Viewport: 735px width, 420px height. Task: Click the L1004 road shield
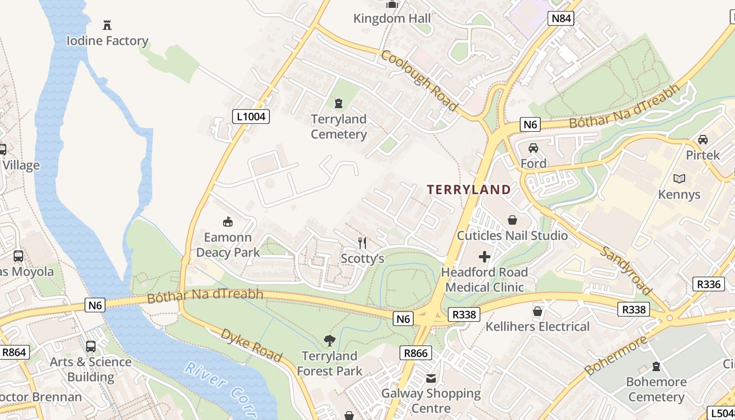coord(251,116)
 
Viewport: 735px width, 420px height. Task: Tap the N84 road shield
coord(561,19)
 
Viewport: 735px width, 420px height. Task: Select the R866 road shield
coord(415,353)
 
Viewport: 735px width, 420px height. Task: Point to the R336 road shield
coord(708,284)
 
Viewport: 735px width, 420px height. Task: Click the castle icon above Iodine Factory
coord(107,25)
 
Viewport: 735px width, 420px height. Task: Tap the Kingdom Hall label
coord(392,19)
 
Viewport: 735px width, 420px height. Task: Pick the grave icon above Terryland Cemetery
coord(339,103)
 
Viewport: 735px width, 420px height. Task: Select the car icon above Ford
coord(533,148)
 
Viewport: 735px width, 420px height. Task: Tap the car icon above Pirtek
coord(703,140)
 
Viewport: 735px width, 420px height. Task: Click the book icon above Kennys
coord(679,178)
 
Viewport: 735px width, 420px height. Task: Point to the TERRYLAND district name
coord(468,190)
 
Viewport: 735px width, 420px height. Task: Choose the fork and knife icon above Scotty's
coord(362,243)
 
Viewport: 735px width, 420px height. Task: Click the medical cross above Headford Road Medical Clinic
coord(484,257)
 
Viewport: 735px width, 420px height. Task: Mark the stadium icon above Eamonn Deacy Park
coord(228,222)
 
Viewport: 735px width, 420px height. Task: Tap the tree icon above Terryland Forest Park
coord(329,341)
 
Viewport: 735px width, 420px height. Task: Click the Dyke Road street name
coord(251,345)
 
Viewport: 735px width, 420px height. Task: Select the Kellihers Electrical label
coord(538,327)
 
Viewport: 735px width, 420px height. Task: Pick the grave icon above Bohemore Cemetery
coord(656,366)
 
